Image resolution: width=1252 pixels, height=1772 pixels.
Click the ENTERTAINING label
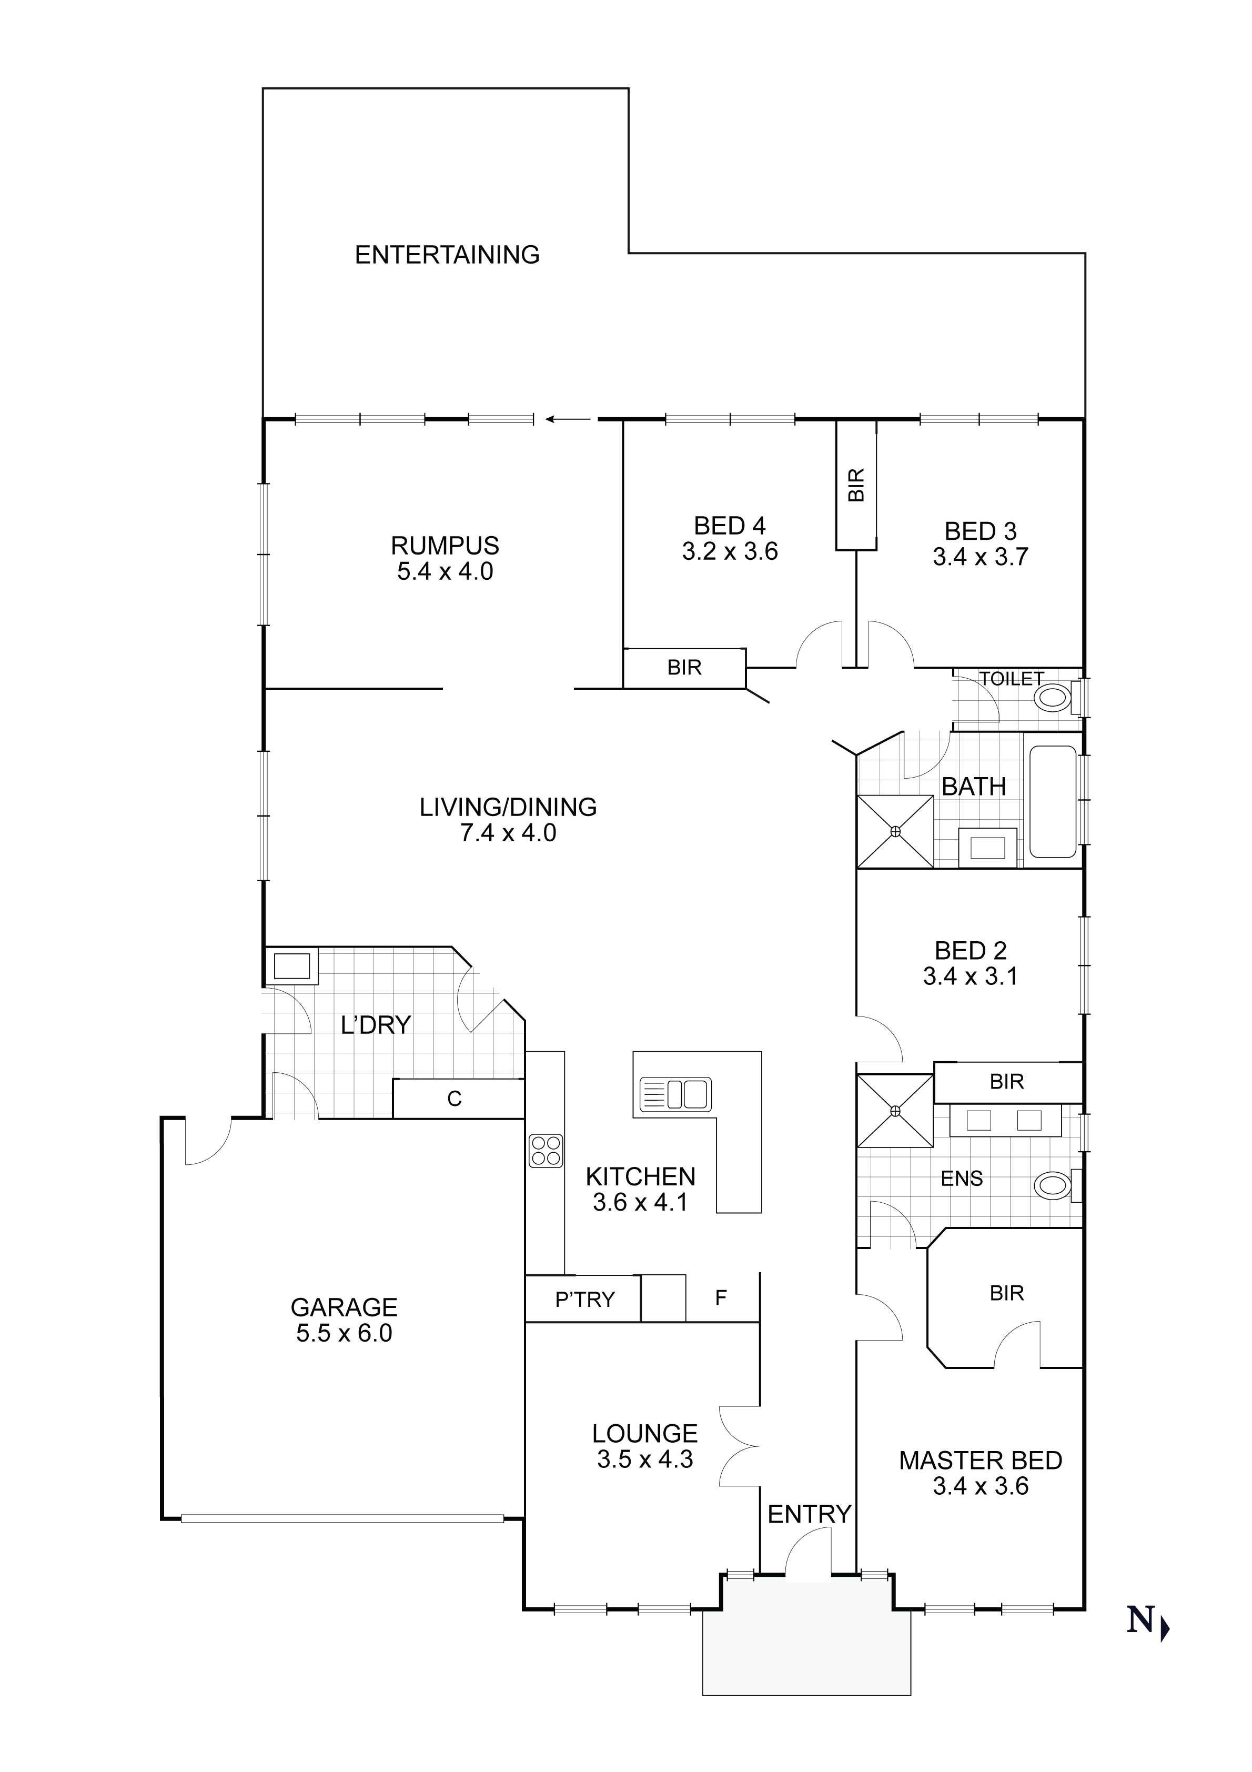447,255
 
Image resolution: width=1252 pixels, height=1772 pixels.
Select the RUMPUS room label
445,546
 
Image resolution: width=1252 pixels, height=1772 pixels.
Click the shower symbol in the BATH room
895,831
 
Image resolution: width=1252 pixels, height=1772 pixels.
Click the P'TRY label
584,1300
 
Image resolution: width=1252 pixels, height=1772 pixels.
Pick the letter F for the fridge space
721,1298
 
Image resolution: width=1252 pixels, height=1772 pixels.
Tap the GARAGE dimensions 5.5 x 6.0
344,1333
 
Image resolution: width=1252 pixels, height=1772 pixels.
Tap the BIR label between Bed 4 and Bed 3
856,485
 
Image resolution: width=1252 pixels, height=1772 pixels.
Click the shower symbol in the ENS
895,1111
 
